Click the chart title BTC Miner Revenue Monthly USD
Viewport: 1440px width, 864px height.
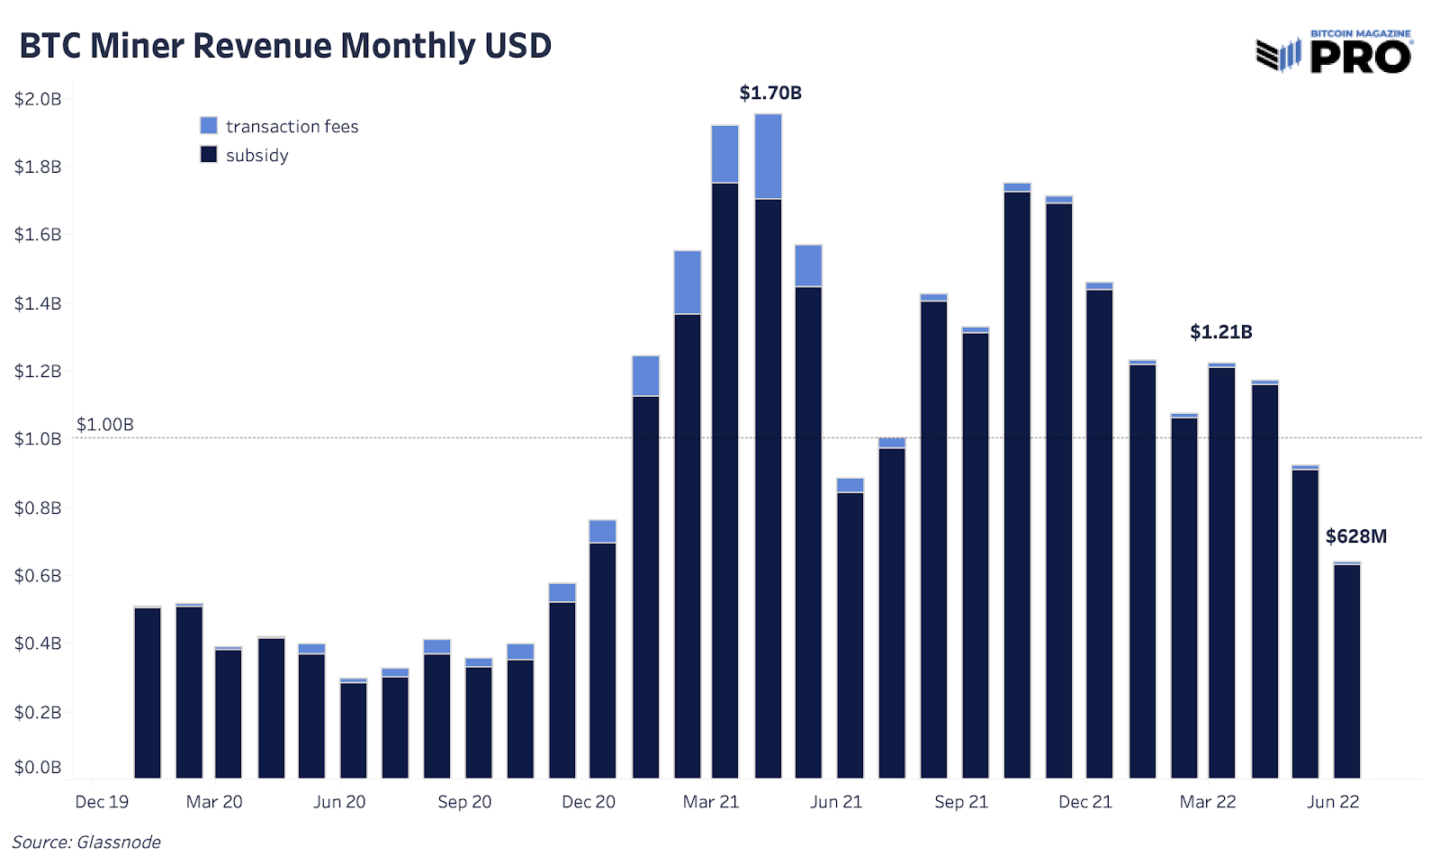point(285,46)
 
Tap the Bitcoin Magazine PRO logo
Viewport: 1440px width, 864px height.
point(1334,52)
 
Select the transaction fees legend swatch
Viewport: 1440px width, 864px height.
point(209,126)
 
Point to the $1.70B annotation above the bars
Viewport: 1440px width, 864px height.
point(770,93)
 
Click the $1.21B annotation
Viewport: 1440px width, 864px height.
point(1220,331)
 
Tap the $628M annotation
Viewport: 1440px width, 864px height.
point(1355,536)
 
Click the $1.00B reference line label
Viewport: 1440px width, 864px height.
point(104,424)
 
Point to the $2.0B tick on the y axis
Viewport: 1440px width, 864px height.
point(38,99)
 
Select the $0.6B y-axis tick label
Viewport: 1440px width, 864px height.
point(38,575)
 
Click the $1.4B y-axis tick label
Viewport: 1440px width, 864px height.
point(38,303)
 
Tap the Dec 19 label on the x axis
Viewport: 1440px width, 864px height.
point(102,802)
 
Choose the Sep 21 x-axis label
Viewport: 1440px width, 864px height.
point(961,802)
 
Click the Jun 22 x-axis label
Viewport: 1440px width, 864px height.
point(1333,802)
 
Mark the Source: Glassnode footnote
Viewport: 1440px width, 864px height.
point(86,842)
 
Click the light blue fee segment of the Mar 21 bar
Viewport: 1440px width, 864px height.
point(724,154)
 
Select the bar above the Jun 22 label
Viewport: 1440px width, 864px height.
point(1346,670)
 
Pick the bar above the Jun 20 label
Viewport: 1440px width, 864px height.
point(354,729)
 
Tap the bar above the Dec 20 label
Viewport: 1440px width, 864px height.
point(602,657)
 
